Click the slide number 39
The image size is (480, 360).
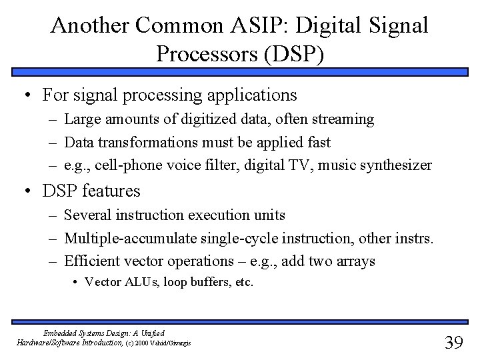[x=453, y=342]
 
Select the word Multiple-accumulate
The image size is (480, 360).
[x=119, y=238]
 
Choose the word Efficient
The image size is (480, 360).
[x=89, y=261]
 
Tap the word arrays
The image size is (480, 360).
[x=355, y=261]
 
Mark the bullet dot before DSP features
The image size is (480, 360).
[x=25, y=191]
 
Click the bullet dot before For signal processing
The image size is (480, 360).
[x=25, y=95]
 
